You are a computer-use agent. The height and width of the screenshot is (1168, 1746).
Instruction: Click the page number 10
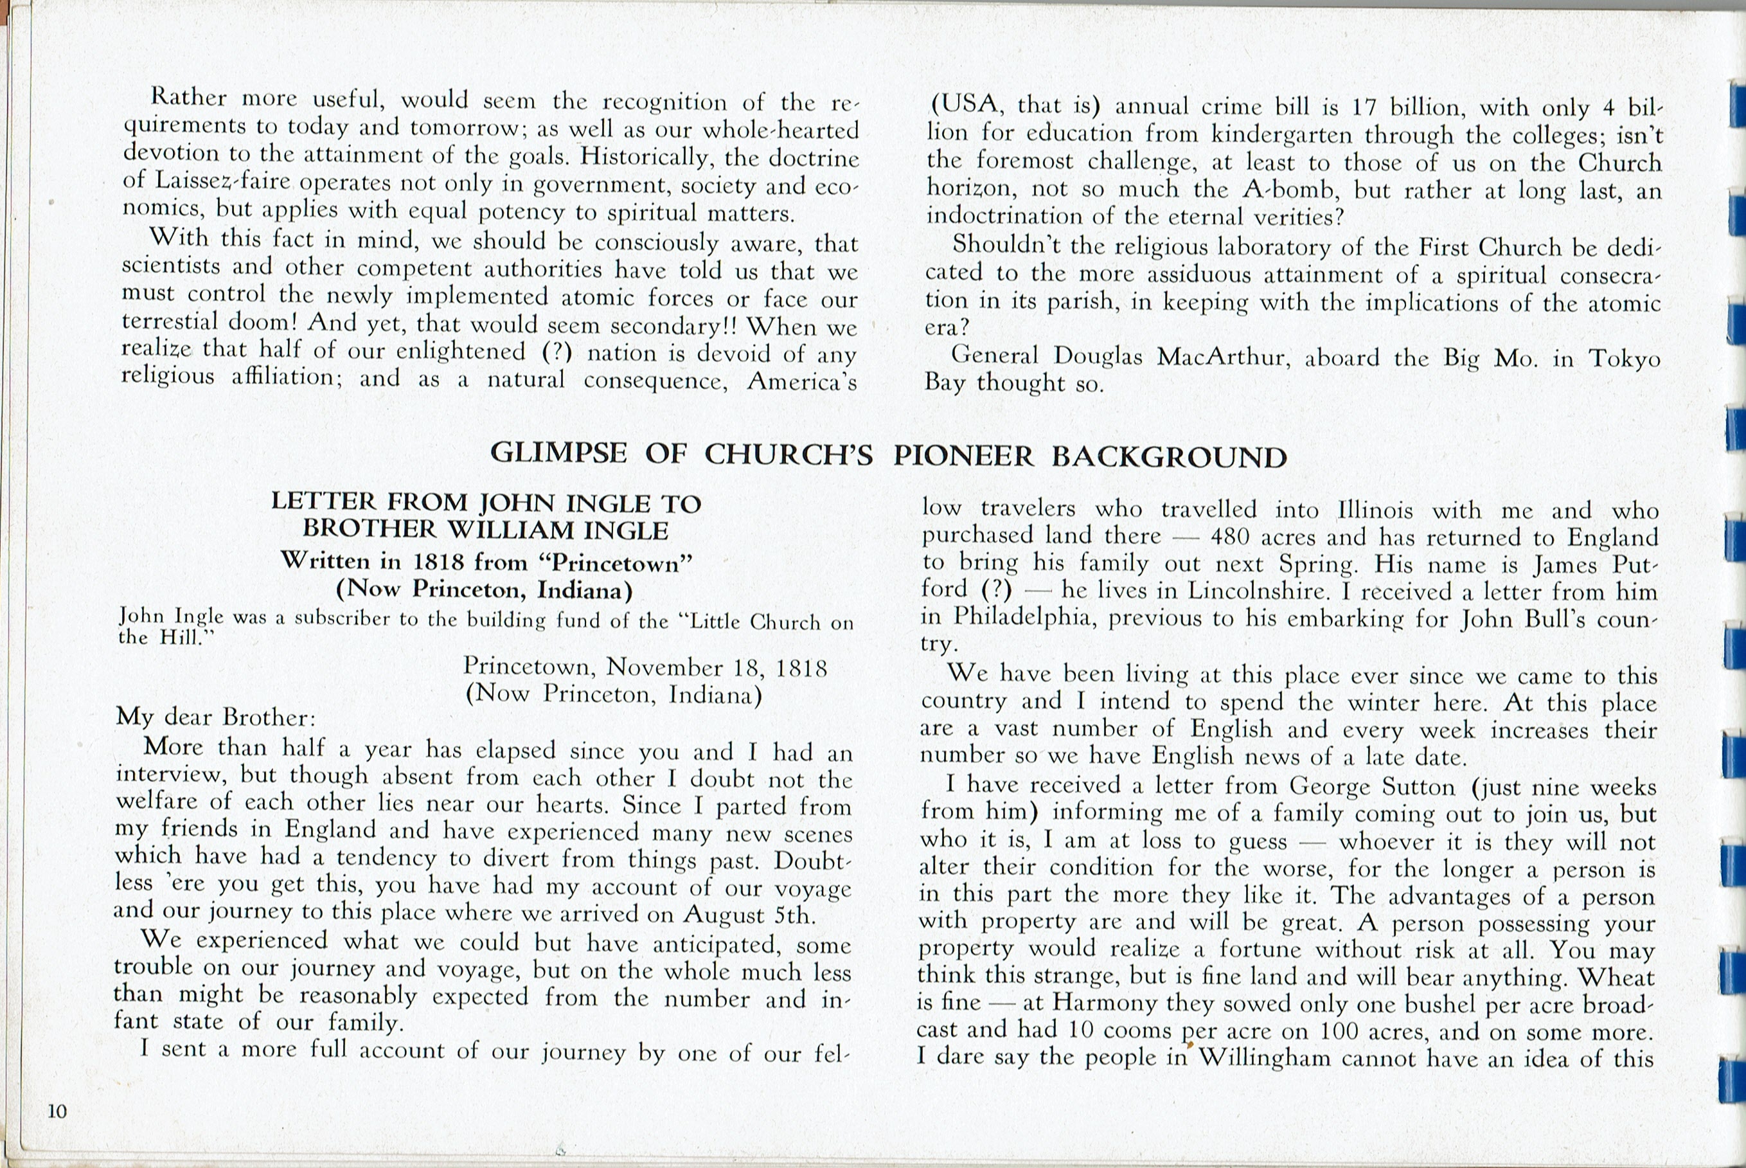[57, 1111]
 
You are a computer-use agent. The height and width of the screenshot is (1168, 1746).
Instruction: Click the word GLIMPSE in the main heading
[558, 453]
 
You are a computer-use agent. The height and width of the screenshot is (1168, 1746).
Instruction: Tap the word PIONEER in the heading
[963, 456]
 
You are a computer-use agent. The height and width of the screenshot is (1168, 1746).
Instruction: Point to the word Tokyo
[1624, 359]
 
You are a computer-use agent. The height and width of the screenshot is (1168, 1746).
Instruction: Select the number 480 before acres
[1233, 537]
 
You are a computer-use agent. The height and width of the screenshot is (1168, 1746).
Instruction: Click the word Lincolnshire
[1256, 591]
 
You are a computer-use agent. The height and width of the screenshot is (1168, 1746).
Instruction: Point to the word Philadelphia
[1024, 618]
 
